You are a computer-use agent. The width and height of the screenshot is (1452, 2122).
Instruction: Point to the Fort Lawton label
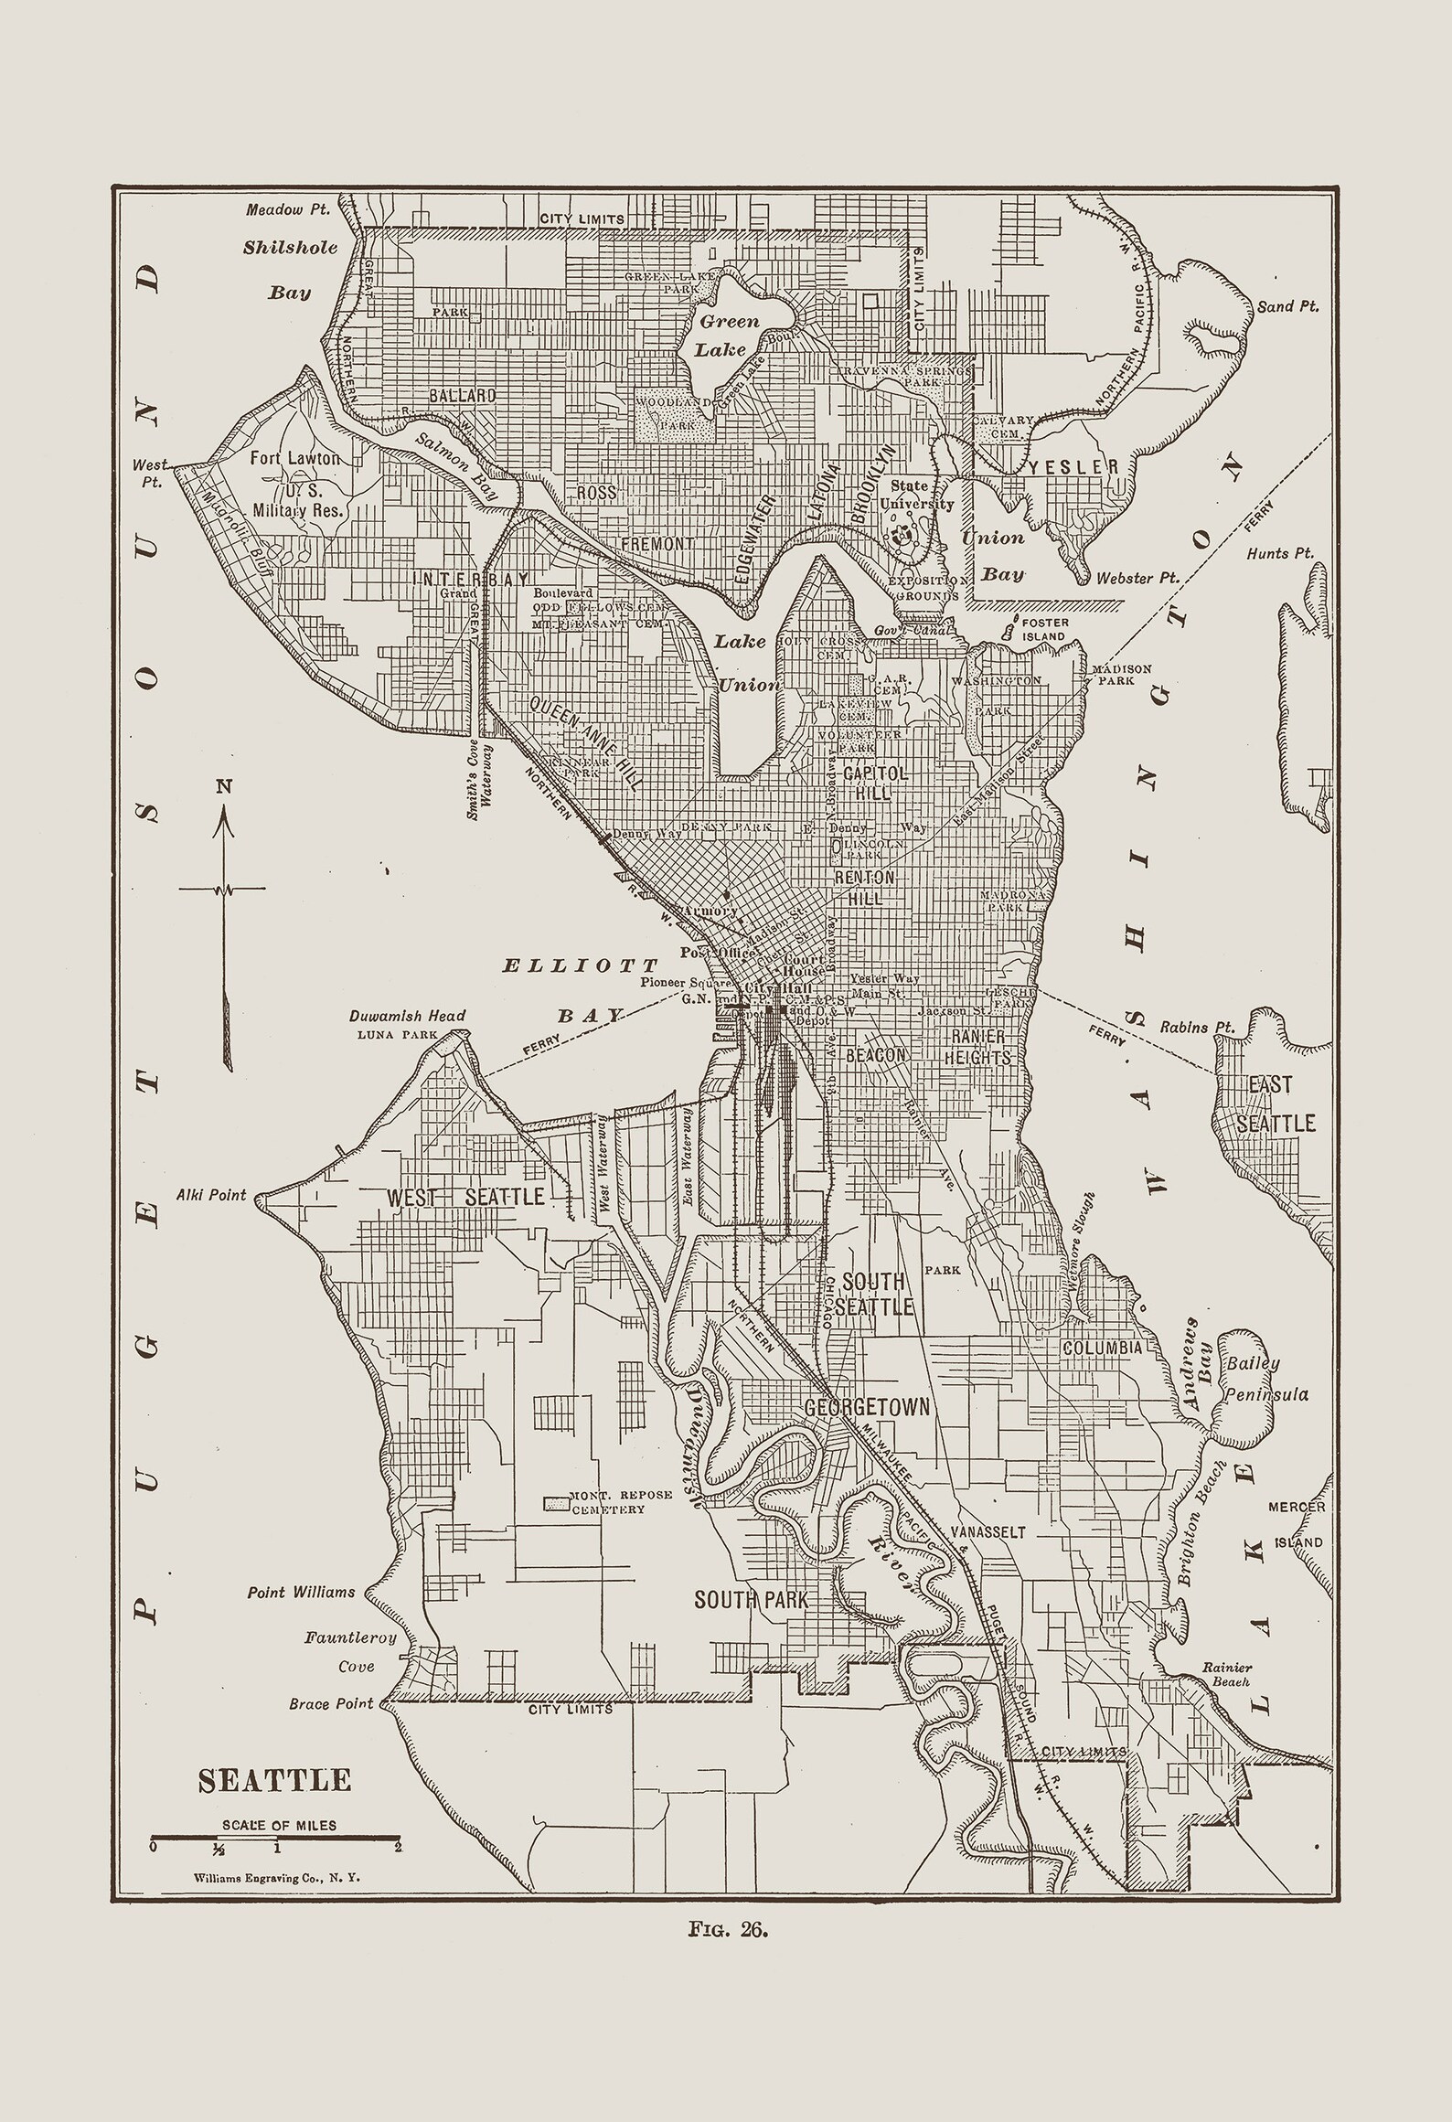click(x=295, y=458)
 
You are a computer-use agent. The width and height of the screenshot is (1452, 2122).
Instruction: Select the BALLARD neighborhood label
click(x=462, y=396)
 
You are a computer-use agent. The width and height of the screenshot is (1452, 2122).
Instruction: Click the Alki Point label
click(x=211, y=1195)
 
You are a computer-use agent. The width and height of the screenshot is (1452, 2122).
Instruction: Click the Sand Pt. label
click(x=1288, y=306)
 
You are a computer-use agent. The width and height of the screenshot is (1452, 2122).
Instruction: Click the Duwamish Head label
click(x=407, y=1016)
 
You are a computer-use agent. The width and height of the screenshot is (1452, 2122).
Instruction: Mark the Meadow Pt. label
click(x=287, y=209)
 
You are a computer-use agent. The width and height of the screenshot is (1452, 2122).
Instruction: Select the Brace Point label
click(x=331, y=1703)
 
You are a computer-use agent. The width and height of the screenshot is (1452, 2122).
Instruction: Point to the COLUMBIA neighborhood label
click(x=1101, y=1348)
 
